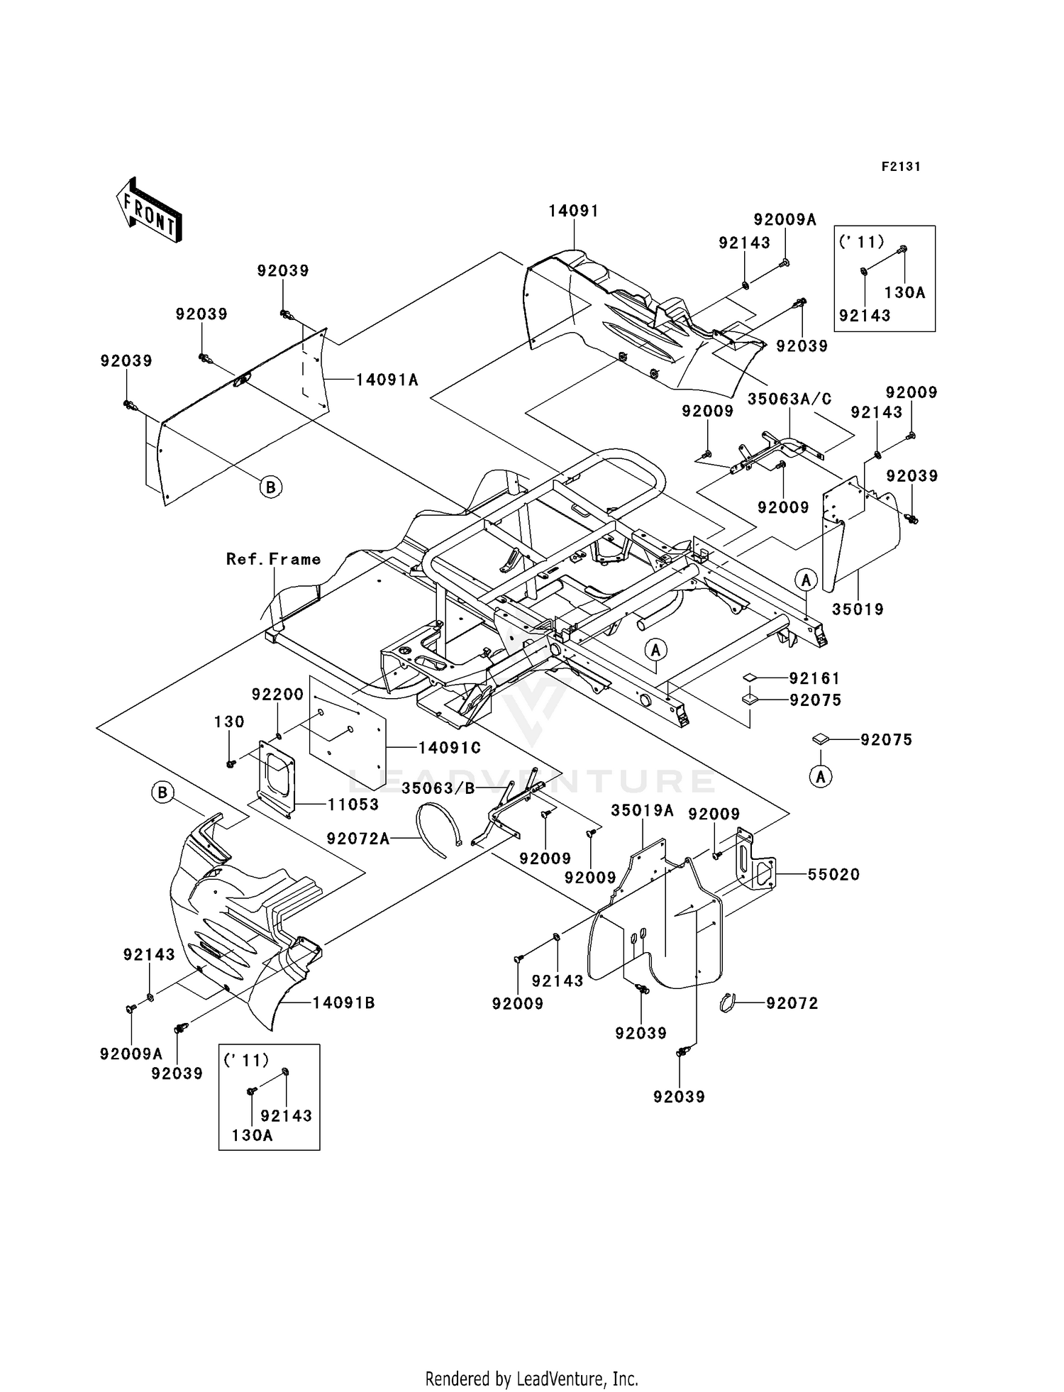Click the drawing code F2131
901,167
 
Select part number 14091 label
573,211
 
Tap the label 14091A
387,380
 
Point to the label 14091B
343,1002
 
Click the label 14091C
449,747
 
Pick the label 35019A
642,810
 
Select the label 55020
833,875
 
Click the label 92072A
358,839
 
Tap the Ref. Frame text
273,559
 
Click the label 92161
814,678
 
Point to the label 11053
353,804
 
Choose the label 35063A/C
789,399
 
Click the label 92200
277,694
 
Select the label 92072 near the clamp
792,1002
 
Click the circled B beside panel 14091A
270,487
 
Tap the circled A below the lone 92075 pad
821,777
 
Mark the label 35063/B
437,788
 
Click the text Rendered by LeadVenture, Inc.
531,1379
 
